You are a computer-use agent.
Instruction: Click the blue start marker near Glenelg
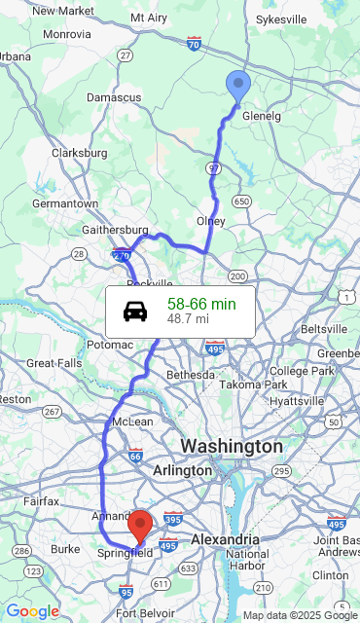click(237, 86)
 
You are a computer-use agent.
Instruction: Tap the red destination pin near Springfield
click(140, 525)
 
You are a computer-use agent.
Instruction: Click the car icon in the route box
click(135, 311)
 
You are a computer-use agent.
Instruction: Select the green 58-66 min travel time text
click(201, 305)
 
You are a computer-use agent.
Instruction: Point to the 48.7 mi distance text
click(188, 319)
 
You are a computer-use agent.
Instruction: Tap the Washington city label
click(231, 446)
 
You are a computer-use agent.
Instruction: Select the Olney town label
click(210, 221)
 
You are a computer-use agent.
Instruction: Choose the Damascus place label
click(114, 97)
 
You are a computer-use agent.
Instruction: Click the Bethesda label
click(191, 374)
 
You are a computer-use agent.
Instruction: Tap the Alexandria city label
click(225, 539)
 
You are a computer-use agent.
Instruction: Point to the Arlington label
click(182, 470)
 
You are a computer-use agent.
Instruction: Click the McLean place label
click(132, 421)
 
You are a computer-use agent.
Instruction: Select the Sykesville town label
click(280, 18)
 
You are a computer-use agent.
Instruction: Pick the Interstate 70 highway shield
click(194, 44)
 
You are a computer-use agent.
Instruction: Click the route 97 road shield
click(214, 168)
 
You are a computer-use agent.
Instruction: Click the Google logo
click(32, 610)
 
